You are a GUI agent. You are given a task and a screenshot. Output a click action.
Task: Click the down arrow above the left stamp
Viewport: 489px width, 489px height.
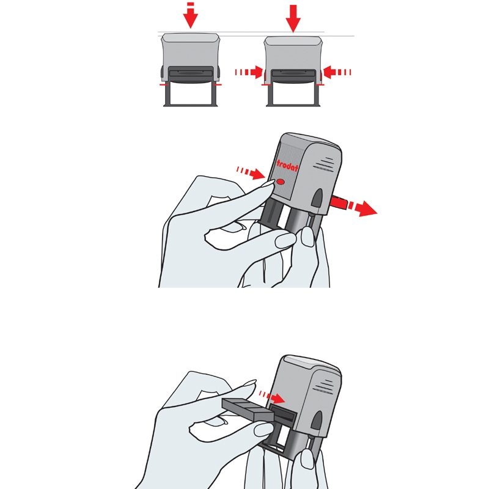tap(191, 16)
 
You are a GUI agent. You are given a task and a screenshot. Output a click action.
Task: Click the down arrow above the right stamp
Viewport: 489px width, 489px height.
tap(293, 19)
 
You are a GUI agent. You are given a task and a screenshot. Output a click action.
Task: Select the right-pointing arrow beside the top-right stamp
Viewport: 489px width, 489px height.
tap(249, 72)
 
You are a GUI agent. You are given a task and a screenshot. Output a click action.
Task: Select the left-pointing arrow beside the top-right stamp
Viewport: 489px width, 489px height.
tap(337, 72)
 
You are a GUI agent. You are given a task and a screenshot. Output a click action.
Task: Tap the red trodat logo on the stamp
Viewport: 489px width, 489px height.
tap(287, 166)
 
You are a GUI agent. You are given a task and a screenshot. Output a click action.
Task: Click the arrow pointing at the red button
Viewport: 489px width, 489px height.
tap(251, 173)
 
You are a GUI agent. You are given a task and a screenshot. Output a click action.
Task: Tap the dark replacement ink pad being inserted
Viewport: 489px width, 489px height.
tap(248, 410)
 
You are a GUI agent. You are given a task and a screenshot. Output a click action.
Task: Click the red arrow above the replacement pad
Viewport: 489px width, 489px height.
tap(272, 397)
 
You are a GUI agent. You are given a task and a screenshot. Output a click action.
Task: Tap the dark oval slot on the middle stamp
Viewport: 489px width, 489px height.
tap(317, 198)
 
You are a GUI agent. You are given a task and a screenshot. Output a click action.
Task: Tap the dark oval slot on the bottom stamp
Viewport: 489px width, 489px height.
tap(317, 421)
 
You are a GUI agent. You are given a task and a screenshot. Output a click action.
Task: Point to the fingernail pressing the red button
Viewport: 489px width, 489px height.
tap(267, 183)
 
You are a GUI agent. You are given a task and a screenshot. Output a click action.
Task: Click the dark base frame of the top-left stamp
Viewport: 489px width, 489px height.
tap(191, 94)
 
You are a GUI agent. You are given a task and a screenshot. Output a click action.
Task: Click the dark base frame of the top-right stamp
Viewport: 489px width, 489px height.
tap(293, 95)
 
